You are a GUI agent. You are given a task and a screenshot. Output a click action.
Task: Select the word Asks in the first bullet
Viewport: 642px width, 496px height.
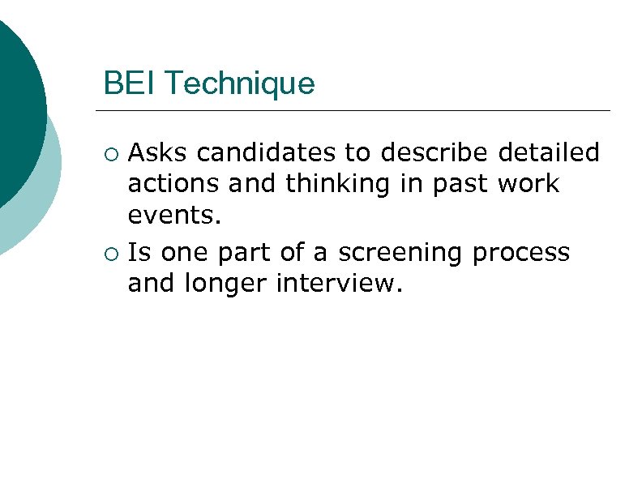point(159,152)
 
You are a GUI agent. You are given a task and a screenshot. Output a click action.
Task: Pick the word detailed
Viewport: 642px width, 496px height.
point(549,152)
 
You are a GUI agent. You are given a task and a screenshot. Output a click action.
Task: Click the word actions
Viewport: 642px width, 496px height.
point(174,184)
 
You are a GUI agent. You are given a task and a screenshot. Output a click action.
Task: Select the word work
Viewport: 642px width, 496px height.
point(529,184)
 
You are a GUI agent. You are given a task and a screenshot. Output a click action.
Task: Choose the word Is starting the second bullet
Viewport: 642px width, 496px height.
point(140,253)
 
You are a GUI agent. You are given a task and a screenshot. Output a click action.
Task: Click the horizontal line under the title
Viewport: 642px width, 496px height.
point(353,110)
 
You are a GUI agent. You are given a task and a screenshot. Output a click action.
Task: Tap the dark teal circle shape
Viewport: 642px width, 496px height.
point(16,105)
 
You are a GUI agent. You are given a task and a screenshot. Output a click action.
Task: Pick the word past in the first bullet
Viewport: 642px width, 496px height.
point(456,185)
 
